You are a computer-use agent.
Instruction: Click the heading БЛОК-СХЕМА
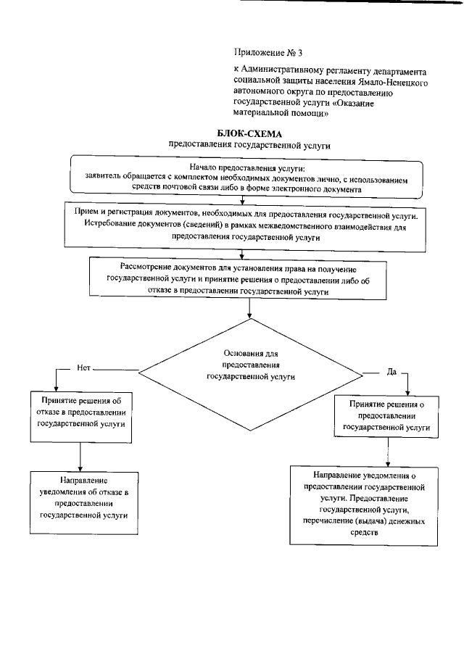(x=249, y=133)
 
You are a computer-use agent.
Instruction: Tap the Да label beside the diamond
(x=391, y=372)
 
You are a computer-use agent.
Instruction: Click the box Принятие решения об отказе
(x=80, y=416)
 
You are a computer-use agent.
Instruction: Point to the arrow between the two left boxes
(x=80, y=457)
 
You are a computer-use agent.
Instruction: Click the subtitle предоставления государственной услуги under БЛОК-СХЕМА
(x=249, y=145)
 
